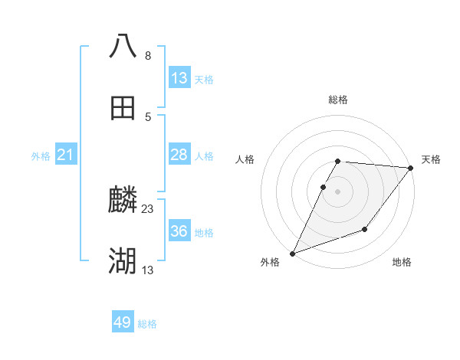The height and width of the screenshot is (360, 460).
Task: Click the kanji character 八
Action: (x=123, y=46)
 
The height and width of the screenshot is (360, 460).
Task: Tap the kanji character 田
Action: (x=123, y=108)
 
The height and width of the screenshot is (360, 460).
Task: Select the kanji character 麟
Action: (x=123, y=201)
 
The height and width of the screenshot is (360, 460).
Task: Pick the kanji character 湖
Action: (x=123, y=262)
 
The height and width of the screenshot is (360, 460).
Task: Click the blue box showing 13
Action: (x=179, y=78)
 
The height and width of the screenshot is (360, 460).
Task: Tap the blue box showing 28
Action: (x=179, y=155)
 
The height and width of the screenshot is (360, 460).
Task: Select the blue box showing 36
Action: (x=179, y=231)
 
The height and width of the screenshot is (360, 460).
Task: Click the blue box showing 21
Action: (x=66, y=155)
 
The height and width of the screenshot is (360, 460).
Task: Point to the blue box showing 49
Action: (x=123, y=323)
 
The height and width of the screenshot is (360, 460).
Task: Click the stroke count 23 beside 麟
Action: (x=148, y=208)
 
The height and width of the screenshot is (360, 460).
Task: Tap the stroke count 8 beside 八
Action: (x=148, y=55)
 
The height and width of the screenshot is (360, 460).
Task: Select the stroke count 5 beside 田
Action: (x=148, y=116)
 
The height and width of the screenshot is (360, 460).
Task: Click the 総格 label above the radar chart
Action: (x=338, y=100)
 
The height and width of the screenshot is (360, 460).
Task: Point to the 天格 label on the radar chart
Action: (x=431, y=159)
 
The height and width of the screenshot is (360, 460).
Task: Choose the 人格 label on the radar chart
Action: (x=245, y=159)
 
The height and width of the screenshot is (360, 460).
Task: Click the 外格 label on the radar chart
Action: (x=270, y=262)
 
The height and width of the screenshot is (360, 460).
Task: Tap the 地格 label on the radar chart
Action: (x=402, y=262)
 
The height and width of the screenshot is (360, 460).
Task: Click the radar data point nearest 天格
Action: (x=411, y=168)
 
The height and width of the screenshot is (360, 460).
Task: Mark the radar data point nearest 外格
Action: (x=292, y=254)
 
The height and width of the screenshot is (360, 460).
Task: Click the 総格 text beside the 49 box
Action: (x=147, y=324)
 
